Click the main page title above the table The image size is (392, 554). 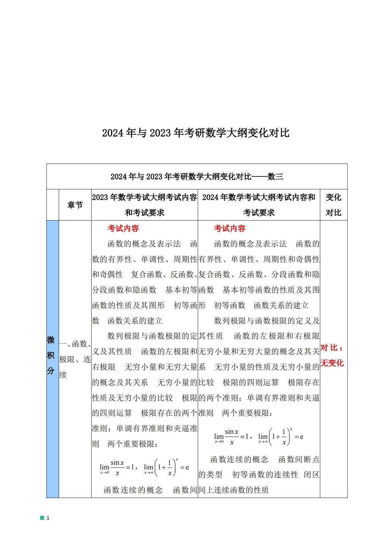[x=196, y=133]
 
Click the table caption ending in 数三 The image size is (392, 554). [x=197, y=177]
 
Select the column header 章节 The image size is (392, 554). [x=75, y=205]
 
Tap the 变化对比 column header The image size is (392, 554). [x=333, y=205]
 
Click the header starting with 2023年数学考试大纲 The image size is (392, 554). [x=144, y=205]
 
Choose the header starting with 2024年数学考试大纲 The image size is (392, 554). [x=259, y=205]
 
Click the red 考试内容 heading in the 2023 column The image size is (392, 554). [x=123, y=228]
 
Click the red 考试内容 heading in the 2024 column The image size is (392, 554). [x=230, y=228]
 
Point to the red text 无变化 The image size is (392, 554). [x=332, y=363]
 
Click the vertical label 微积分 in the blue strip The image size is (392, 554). [x=51, y=355]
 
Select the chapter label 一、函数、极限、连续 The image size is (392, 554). [x=75, y=359]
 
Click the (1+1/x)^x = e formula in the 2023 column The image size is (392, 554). [x=167, y=467]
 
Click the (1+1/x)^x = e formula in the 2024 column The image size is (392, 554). [x=281, y=437]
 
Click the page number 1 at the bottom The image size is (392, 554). [x=48, y=518]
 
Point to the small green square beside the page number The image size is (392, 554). [x=42, y=518]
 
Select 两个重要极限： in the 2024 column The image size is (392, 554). [x=247, y=413]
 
